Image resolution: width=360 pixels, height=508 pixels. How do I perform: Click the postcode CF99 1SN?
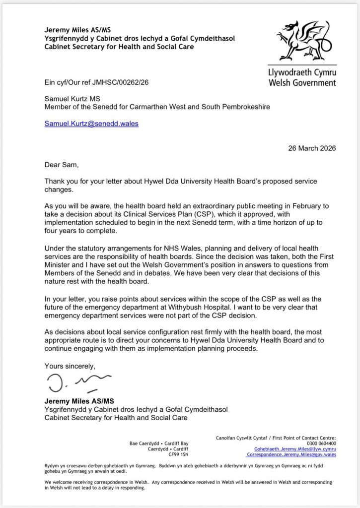(179, 454)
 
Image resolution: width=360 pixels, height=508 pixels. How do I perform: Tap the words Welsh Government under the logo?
(302, 83)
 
